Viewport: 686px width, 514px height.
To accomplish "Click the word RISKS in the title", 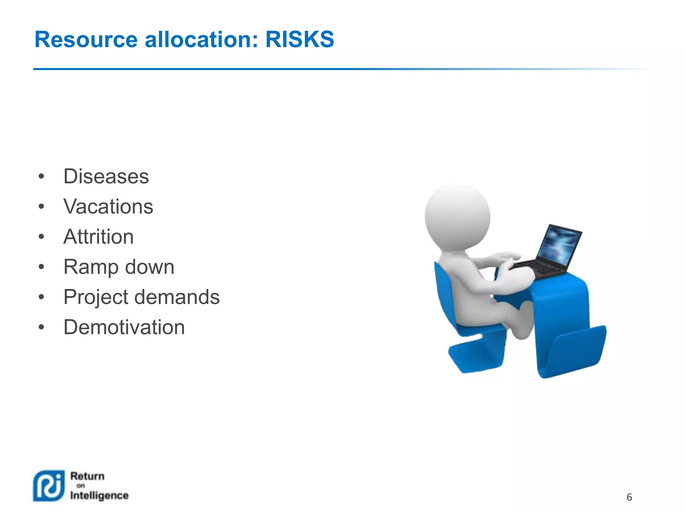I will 299,39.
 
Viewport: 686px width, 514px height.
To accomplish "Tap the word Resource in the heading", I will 86,39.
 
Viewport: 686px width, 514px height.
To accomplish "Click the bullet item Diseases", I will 106,176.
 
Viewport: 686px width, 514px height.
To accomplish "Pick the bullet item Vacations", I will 108,206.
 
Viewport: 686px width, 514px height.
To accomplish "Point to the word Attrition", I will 98,237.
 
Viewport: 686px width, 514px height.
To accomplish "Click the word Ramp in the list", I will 91,267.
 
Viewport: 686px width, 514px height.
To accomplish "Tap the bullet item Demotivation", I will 124,327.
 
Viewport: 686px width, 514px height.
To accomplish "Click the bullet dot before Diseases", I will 41,177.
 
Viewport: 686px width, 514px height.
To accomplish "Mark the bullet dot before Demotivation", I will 41,327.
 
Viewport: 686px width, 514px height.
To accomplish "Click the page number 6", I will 629,497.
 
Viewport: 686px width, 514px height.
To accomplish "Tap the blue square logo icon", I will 49,486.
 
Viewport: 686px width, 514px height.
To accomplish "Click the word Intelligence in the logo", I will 99,496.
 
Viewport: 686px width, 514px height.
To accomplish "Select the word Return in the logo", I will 87,476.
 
